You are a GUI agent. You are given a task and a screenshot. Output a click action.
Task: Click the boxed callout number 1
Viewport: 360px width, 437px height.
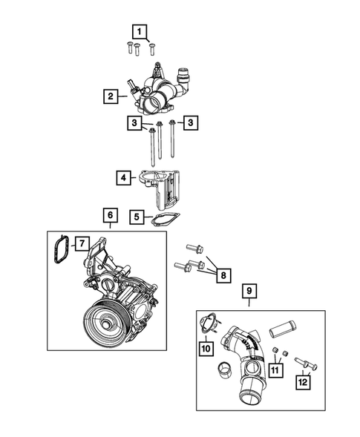pyautogui.click(x=137, y=31)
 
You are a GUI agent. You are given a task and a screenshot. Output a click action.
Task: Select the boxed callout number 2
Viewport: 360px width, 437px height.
pyautogui.click(x=110, y=96)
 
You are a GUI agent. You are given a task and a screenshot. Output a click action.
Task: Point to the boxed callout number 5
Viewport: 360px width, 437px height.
pyautogui.click(x=137, y=217)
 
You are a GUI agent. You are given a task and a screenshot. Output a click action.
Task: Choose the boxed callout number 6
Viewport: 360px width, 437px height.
pyautogui.click(x=110, y=215)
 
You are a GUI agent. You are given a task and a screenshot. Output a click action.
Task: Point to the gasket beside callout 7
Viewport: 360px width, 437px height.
pyautogui.click(x=62, y=249)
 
